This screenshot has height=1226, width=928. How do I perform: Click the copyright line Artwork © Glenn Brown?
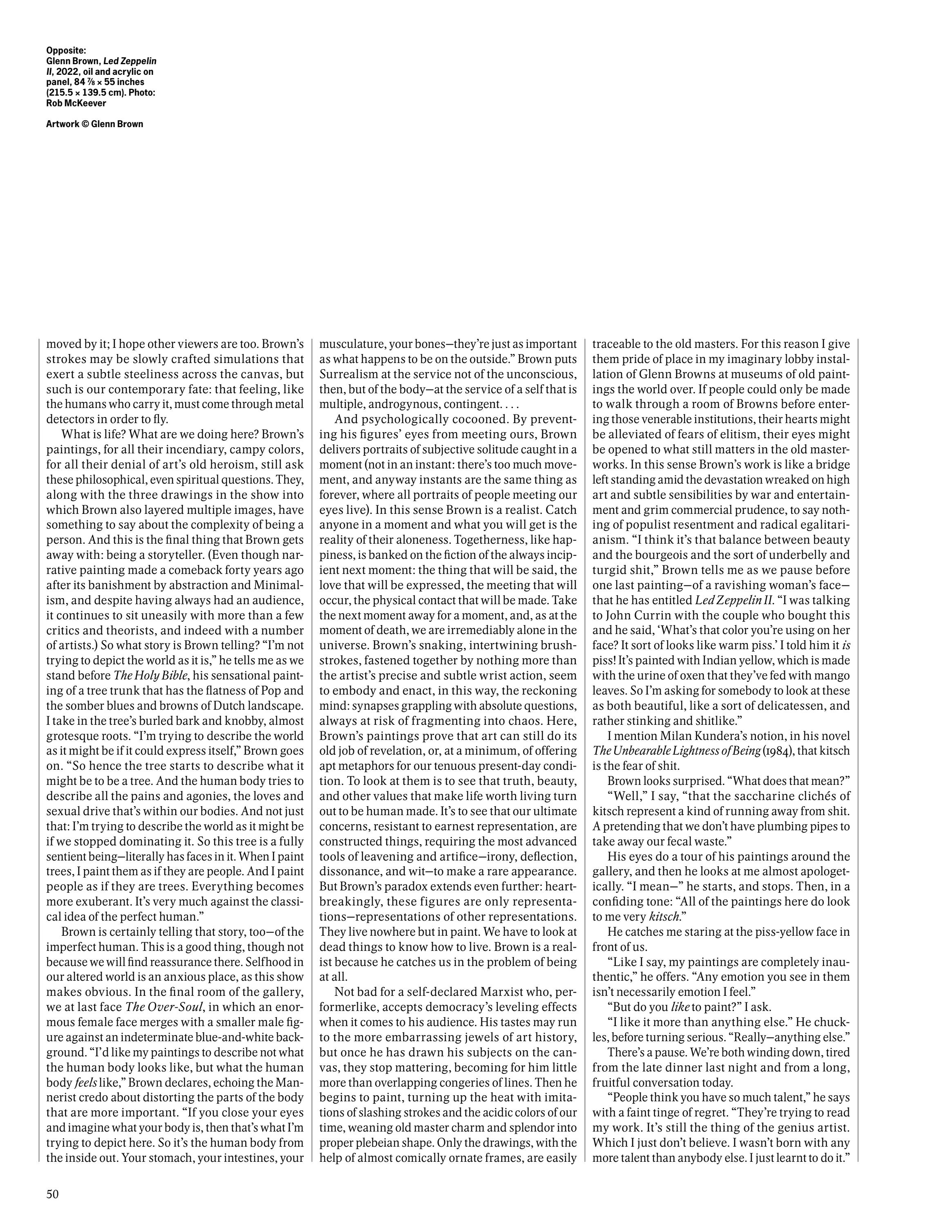pyautogui.click(x=94, y=124)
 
